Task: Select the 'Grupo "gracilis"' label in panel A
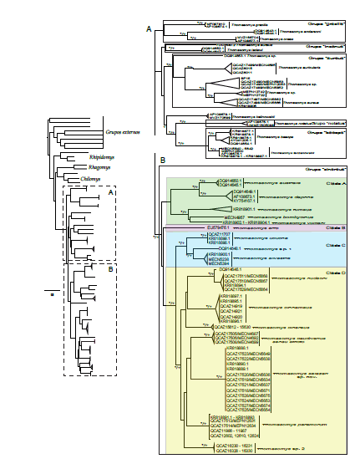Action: point(325,26)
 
